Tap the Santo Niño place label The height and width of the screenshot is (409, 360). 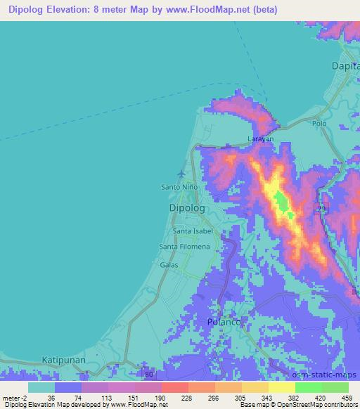[x=180, y=188]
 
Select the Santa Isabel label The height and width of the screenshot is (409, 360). [x=193, y=231]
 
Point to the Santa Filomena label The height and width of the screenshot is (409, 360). [x=184, y=247]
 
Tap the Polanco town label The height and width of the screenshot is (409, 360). [x=225, y=321]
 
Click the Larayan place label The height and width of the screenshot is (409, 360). [x=261, y=140]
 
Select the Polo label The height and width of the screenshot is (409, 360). [x=320, y=123]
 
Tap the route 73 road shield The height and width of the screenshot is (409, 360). [x=321, y=209]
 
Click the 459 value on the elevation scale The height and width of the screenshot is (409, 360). [x=346, y=397]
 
